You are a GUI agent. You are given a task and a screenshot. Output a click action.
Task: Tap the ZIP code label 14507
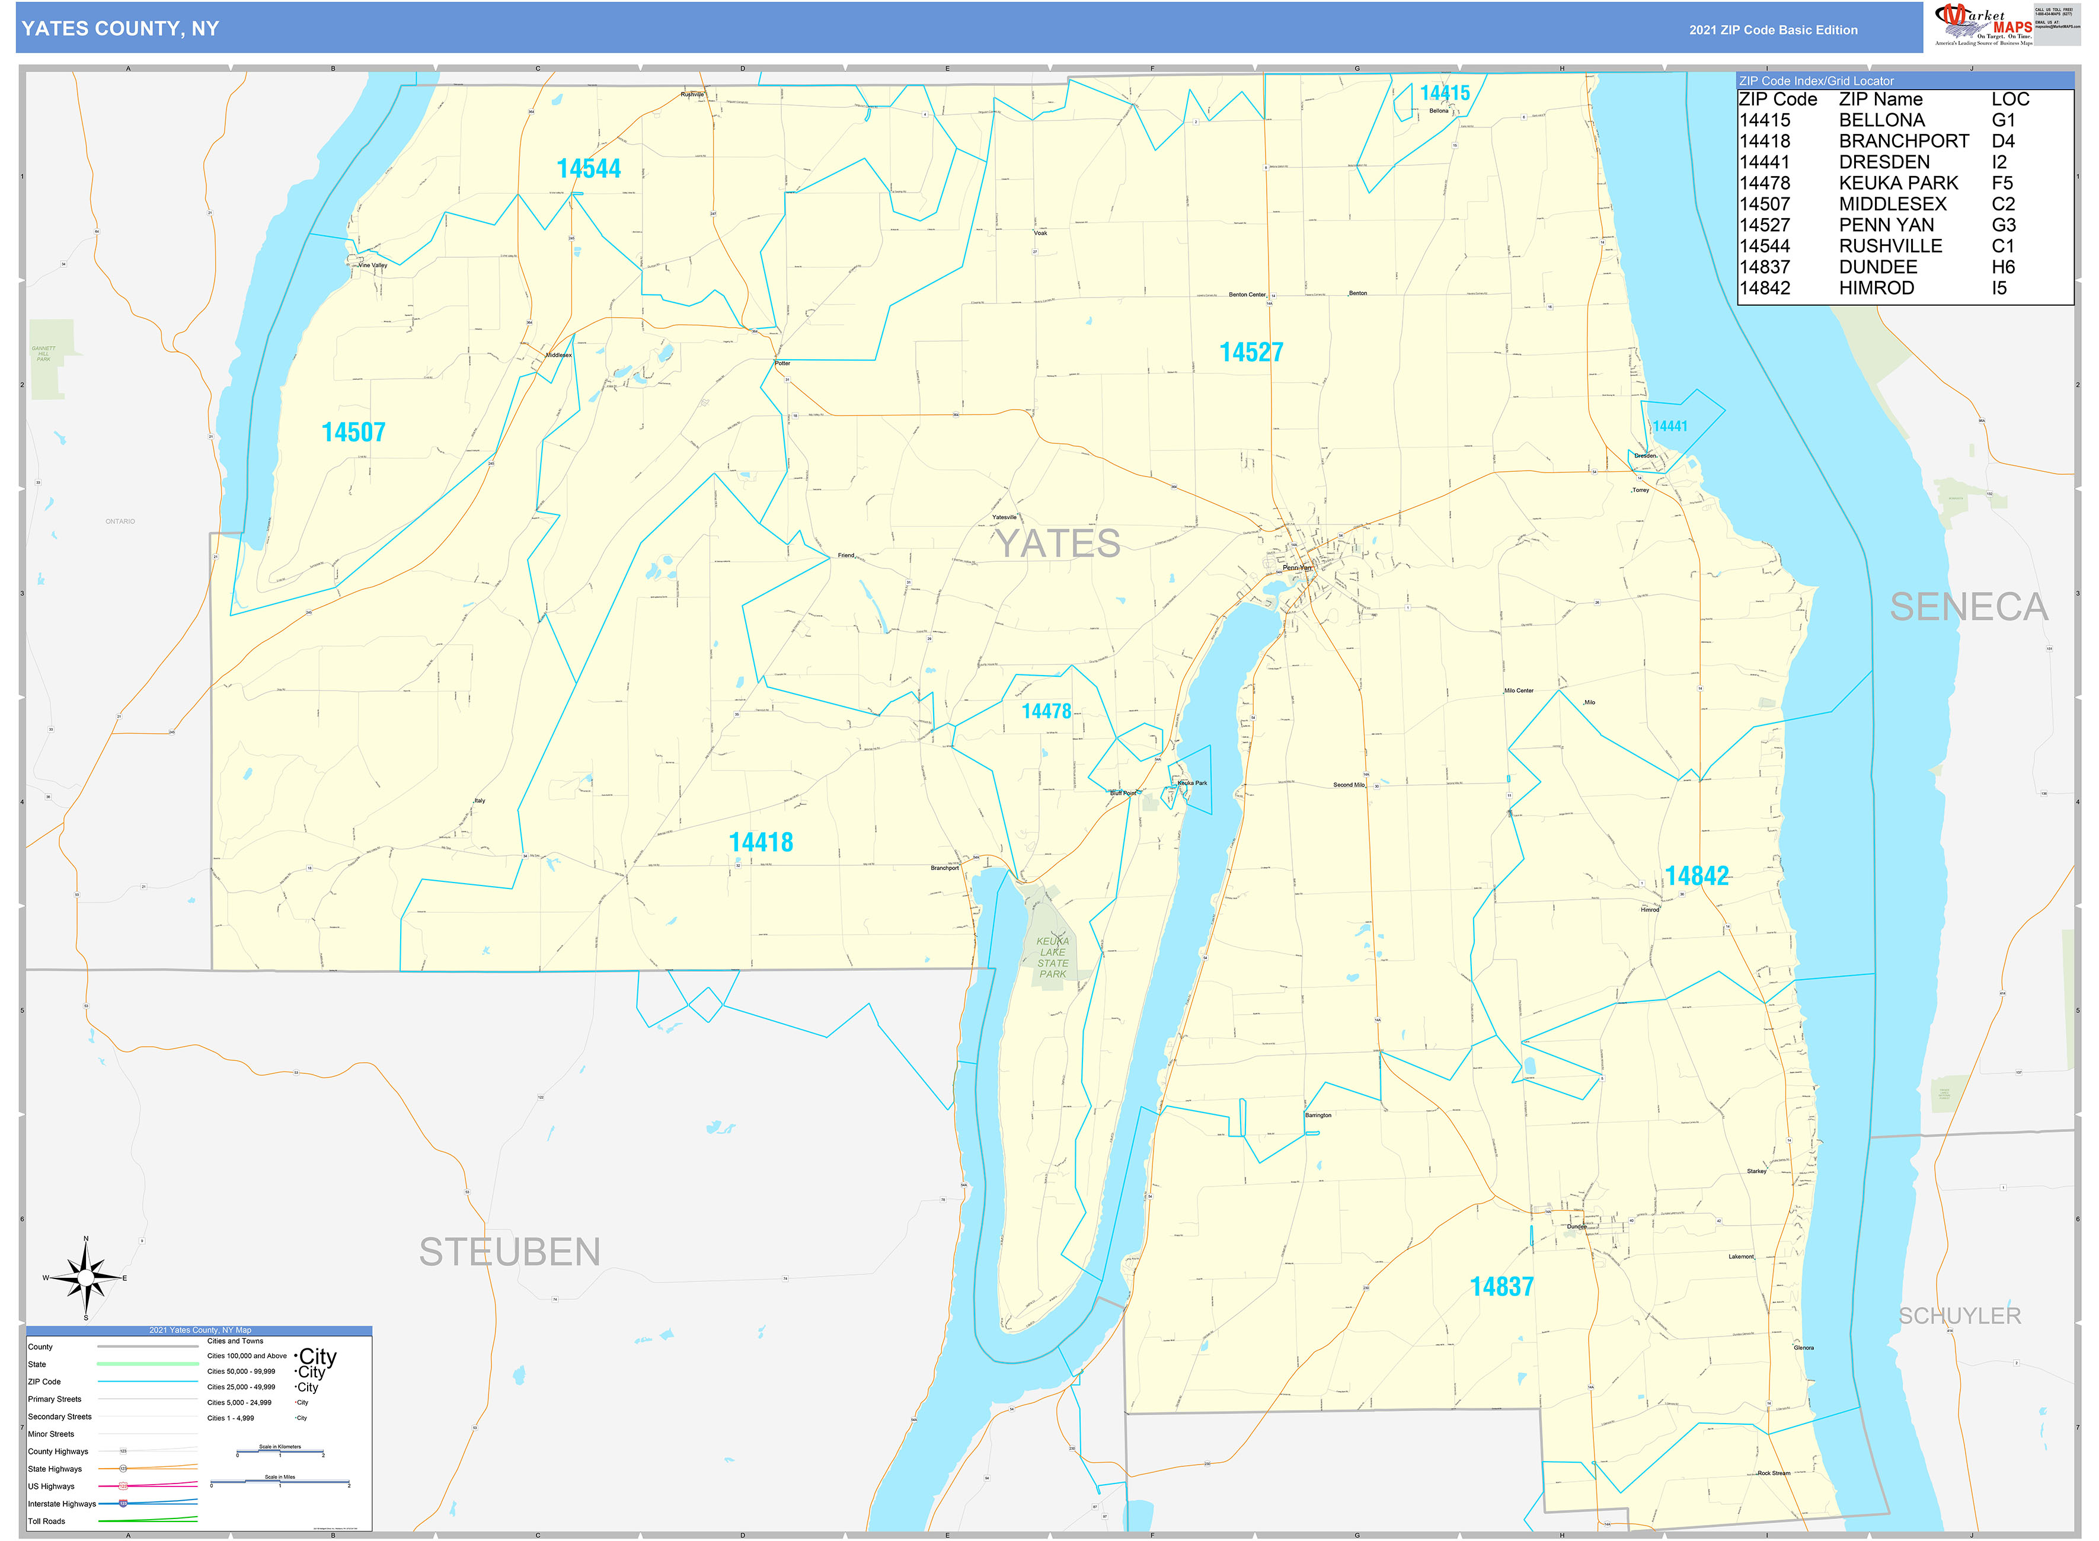[x=353, y=432]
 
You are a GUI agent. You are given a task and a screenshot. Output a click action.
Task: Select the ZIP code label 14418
[x=761, y=842]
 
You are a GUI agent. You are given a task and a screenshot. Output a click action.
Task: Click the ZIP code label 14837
[x=1501, y=1286]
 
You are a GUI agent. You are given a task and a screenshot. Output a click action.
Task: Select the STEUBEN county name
[x=509, y=1252]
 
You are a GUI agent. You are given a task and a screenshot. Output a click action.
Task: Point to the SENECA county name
[x=1969, y=608]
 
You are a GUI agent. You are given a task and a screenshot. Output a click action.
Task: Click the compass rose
[x=86, y=1278]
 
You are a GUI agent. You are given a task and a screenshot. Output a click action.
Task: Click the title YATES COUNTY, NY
[x=120, y=29]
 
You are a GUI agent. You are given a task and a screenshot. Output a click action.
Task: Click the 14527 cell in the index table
[x=1764, y=225]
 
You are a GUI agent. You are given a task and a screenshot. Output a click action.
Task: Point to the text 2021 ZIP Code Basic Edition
[x=1772, y=30]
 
